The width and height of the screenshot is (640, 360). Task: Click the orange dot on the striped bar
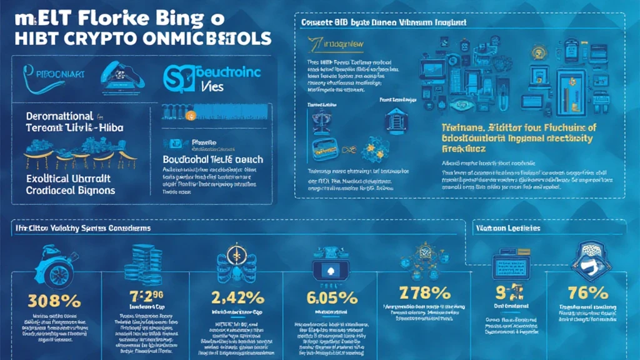point(192,115)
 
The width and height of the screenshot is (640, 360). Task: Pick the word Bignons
point(91,189)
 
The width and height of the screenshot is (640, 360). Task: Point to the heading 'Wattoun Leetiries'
point(507,228)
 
